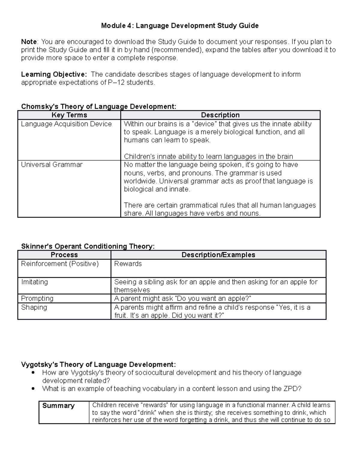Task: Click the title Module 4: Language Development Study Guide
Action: [180, 26]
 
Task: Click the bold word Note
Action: [29, 42]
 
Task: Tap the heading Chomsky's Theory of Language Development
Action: [99, 107]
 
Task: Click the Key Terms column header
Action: [69, 115]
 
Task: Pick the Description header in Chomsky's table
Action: [220, 115]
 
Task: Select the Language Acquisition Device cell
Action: [66, 124]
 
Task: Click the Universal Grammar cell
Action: [52, 165]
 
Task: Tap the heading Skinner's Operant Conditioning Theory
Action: [88, 246]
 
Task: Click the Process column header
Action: [64, 255]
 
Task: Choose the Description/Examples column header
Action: [218, 255]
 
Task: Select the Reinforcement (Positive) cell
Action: [60, 264]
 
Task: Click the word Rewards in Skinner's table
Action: [128, 264]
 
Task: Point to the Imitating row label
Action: [34, 282]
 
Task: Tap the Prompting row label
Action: [37, 299]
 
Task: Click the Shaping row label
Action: [34, 308]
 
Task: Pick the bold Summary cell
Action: [58, 406]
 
